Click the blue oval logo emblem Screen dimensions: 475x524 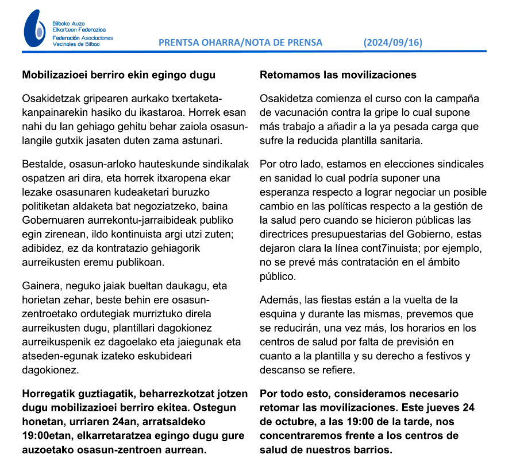pyautogui.click(x=34, y=29)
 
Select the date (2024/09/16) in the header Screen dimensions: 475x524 pyautogui.click(x=394, y=42)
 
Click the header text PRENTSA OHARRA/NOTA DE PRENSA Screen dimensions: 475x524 pyautogui.click(x=240, y=42)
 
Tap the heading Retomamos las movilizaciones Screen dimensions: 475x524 pyautogui.click(x=338, y=75)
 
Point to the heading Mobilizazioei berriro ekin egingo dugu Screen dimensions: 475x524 pyautogui.click(x=118, y=75)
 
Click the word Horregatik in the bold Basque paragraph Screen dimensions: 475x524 pyautogui.click(x=48, y=394)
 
